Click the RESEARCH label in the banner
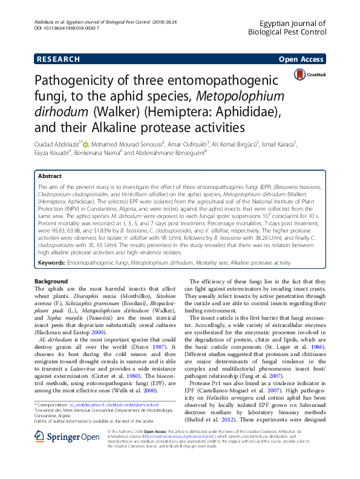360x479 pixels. coord(58,59)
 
